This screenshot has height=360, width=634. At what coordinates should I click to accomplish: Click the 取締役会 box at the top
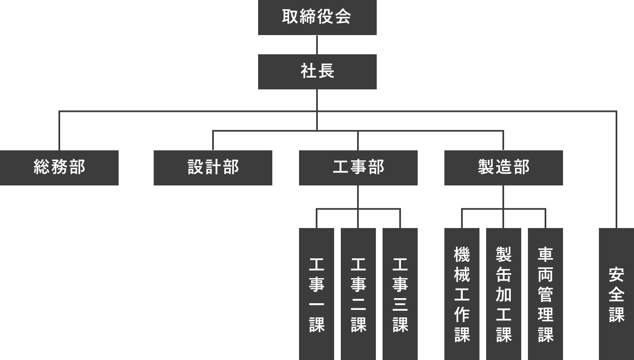317,17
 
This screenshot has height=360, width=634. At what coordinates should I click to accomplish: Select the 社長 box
317,71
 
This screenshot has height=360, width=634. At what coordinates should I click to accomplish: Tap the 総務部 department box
59,167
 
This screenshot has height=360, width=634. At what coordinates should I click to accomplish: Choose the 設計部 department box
213,167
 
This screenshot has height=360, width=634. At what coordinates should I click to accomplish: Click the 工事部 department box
358,167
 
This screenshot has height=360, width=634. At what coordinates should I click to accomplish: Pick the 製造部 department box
503,167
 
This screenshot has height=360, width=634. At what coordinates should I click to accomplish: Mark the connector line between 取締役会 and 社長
317,45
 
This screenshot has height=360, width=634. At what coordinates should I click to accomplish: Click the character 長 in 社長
326,71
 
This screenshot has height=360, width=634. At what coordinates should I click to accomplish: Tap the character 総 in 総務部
42,167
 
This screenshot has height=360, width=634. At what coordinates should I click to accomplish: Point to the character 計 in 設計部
213,167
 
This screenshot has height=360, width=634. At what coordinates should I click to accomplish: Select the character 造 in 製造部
504,167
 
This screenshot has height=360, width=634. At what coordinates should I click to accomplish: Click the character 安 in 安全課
616,275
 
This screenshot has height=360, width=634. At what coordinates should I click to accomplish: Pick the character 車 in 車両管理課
545,254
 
